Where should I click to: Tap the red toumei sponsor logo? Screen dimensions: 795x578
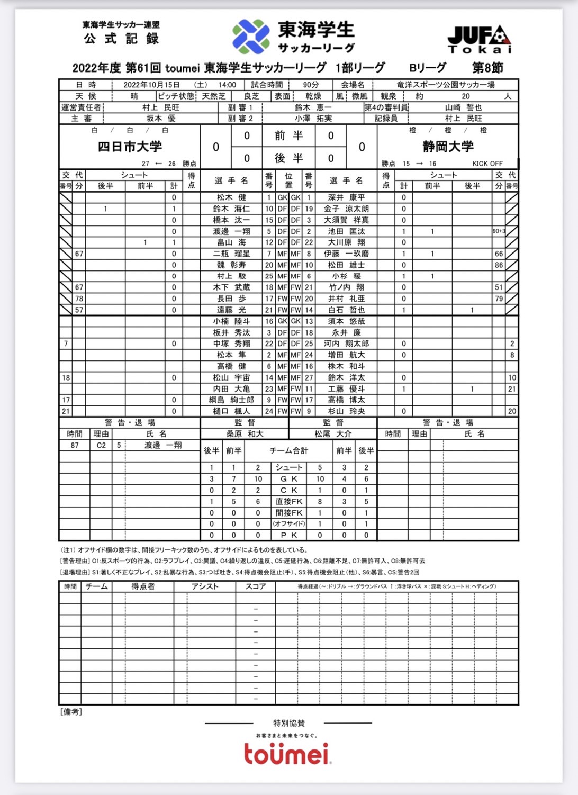[286, 754]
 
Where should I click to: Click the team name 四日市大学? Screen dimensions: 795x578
[130, 147]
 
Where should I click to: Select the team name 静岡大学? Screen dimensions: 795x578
[448, 147]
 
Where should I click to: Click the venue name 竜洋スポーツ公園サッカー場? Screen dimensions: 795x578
[446, 85]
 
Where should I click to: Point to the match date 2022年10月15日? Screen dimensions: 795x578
[151, 85]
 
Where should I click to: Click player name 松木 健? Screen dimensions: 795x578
[231, 197]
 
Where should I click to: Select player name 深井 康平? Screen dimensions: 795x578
[346, 197]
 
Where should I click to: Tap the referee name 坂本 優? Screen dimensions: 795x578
[161, 119]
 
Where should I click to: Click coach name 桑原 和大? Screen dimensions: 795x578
[245, 434]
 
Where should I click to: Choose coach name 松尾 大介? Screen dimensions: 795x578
[333, 434]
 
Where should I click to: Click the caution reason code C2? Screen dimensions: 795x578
[101, 446]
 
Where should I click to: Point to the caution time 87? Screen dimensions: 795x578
[75, 446]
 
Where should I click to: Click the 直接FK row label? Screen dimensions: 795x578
[289, 501]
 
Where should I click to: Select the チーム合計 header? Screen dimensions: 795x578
[289, 451]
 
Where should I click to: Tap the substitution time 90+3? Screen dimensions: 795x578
[499, 231]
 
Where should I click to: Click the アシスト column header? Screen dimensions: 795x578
[205, 586]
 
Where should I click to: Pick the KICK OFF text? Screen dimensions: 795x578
[487, 164]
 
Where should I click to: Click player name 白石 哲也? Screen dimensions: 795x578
[346, 310]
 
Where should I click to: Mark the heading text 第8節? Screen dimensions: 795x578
[487, 68]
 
